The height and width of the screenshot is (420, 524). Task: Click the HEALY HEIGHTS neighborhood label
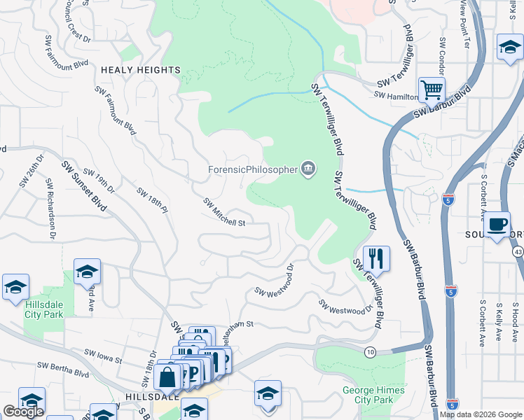point(140,70)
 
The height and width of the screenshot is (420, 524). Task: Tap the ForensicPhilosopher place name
point(252,169)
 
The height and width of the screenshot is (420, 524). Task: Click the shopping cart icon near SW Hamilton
point(432,90)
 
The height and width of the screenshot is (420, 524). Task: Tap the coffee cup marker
point(497,225)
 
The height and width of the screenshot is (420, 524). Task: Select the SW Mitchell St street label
point(224,212)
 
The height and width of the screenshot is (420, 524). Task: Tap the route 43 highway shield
point(517,251)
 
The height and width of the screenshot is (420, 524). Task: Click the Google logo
point(23,412)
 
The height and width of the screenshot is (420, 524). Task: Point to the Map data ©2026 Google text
point(481,414)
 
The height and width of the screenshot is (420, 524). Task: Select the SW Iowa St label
point(103,356)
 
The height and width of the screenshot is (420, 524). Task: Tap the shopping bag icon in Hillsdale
point(168,378)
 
